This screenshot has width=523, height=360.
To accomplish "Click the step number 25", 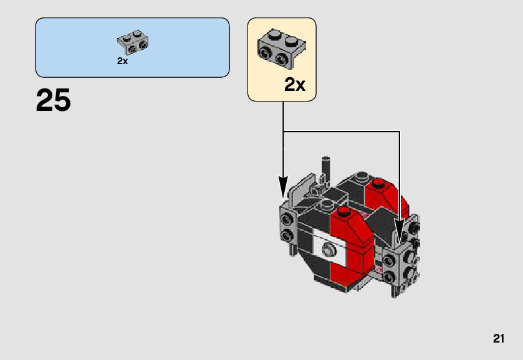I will click(x=54, y=100).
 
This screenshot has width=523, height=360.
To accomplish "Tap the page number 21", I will click(x=498, y=339).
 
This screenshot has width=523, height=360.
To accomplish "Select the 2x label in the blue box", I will click(x=122, y=61).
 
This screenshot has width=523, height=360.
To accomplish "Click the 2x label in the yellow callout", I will click(x=295, y=85).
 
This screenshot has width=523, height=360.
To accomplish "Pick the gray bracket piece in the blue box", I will click(x=133, y=42).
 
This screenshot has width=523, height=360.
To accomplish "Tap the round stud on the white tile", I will click(x=327, y=251).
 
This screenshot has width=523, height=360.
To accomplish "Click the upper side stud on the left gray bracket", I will click(x=287, y=220).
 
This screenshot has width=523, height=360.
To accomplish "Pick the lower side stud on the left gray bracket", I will click(x=287, y=235).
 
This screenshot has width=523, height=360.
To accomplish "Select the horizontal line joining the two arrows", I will click(x=341, y=131).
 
